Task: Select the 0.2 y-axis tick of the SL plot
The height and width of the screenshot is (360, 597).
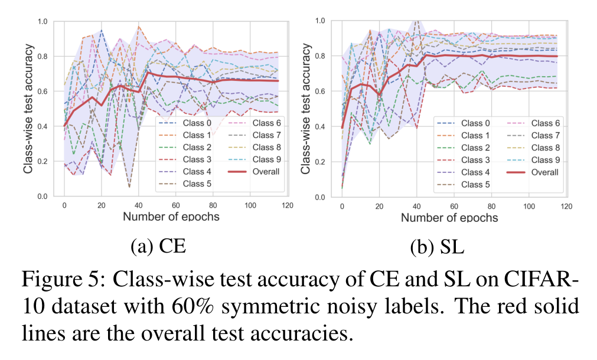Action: click(x=321, y=161)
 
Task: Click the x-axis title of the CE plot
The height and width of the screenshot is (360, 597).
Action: click(x=171, y=217)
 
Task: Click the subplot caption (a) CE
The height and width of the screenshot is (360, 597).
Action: click(x=158, y=246)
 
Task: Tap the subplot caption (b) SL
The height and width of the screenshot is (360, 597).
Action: click(x=437, y=246)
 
